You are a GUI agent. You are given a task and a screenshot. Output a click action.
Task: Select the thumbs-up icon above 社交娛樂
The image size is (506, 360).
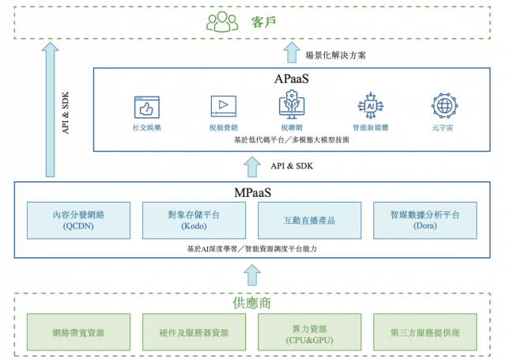[147, 106]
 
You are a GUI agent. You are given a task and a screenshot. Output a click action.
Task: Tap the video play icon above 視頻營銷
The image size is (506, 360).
[223, 106]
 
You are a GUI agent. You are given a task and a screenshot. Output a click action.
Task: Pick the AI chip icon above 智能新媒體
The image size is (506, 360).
[370, 105]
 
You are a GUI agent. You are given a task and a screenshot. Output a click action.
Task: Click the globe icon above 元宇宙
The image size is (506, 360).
[444, 105]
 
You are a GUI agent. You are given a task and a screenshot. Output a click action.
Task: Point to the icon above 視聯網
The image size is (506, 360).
[292, 105]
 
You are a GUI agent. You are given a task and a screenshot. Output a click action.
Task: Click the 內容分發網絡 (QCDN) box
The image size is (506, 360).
[78, 220]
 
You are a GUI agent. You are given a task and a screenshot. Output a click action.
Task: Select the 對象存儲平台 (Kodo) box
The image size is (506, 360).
[194, 220]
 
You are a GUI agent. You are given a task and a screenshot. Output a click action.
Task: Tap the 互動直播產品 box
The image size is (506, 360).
[309, 220]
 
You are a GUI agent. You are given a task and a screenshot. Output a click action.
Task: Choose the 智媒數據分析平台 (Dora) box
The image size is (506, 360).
[425, 220]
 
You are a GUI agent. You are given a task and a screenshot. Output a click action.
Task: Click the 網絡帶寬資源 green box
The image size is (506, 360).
[78, 332]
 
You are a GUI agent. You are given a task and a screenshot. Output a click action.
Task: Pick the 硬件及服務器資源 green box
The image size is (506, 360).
[194, 332]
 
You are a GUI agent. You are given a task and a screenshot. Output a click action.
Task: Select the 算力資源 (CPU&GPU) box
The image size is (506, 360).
[309, 332]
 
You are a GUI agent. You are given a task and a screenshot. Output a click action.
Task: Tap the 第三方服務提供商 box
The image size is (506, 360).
[425, 332]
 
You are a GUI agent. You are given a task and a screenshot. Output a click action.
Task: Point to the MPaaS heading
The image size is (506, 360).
[252, 192]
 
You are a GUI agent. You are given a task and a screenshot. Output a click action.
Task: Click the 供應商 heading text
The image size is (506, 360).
[252, 303]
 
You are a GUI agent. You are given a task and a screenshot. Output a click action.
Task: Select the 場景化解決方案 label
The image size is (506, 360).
[335, 55]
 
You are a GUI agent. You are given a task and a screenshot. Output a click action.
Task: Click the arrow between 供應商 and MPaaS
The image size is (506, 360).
[252, 275]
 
